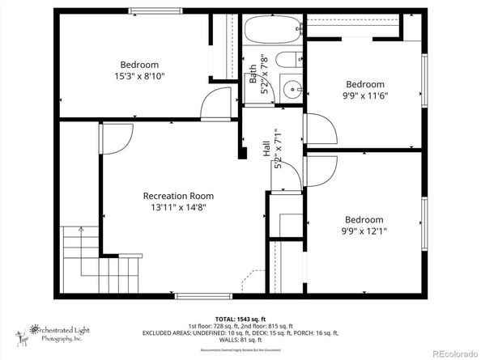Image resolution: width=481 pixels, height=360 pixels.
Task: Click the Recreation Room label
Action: click(x=178, y=196)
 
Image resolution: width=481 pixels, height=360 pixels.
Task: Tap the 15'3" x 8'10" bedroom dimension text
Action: click(x=139, y=78)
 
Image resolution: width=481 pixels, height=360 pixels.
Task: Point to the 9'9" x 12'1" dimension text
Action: click(x=364, y=232)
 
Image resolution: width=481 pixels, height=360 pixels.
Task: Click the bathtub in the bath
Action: click(x=272, y=32)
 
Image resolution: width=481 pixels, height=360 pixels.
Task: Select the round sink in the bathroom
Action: click(x=291, y=89)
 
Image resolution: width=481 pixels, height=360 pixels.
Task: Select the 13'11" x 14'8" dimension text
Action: click(x=178, y=209)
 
